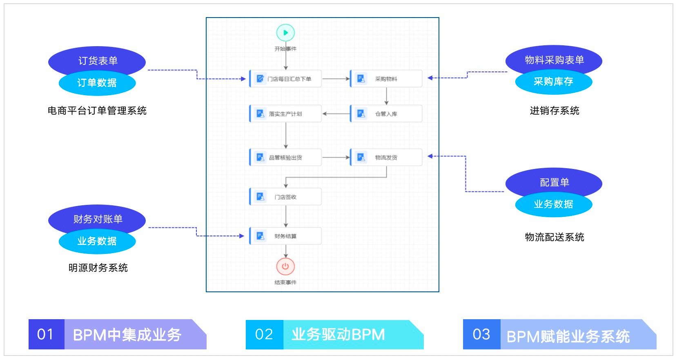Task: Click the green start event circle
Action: coord(285,33)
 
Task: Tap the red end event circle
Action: coord(285,267)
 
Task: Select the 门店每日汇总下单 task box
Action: coord(285,79)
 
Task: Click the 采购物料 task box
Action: coord(386,79)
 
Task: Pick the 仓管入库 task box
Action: coord(386,113)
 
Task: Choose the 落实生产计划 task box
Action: coord(285,113)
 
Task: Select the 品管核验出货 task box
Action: coord(285,158)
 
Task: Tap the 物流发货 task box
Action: coord(386,158)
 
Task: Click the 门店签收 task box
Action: coord(285,197)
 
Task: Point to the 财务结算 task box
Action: coord(285,236)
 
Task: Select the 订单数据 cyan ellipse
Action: coord(97,83)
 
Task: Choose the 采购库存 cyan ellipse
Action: coord(554,82)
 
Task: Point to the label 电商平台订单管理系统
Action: coord(97,111)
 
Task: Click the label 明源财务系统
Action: coord(98,268)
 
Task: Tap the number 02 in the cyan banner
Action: coord(264,334)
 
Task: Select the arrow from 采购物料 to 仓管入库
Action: coord(386,96)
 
